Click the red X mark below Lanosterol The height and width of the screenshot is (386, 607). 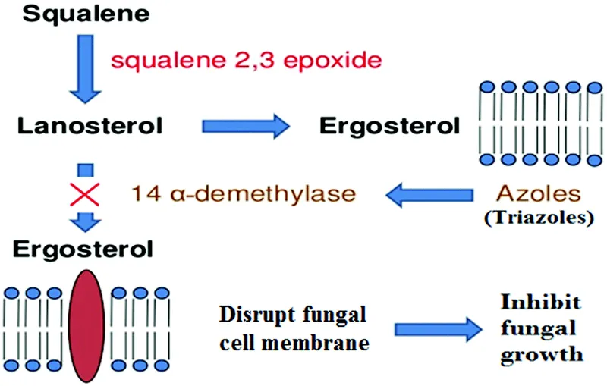[x=86, y=194]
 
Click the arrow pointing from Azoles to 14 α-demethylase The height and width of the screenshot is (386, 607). [x=432, y=195]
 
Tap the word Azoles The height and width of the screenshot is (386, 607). [x=535, y=193]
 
